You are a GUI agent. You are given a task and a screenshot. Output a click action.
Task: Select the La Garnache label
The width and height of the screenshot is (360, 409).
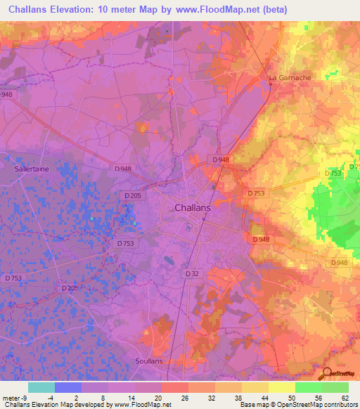point(290,77)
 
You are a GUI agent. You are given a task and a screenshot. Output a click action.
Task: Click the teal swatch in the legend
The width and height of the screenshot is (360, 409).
point(41,387)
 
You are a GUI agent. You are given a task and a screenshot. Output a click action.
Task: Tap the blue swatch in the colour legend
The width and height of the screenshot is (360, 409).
point(68,387)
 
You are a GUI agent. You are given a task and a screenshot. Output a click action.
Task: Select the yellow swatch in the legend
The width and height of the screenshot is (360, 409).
point(281,387)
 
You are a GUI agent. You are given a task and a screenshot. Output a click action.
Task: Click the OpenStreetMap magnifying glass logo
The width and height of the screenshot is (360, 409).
point(326,373)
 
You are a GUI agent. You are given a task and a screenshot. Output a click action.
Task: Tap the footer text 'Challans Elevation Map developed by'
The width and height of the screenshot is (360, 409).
point(56,405)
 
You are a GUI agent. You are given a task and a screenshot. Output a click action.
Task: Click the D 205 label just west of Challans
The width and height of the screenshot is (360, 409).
point(133,195)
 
